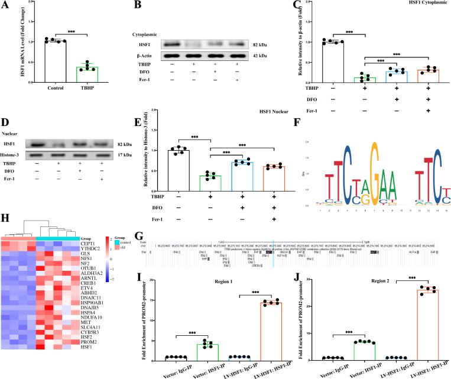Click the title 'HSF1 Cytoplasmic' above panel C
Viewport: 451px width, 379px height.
(x=414, y=6)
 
